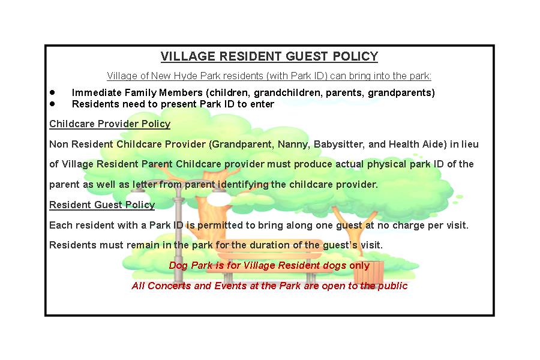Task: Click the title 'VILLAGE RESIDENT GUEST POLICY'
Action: (269, 56)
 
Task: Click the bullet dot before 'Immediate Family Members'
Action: (52, 92)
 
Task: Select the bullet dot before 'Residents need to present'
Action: (52, 103)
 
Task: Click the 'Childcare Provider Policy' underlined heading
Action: (110, 124)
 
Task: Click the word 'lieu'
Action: (469, 144)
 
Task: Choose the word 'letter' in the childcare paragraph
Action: (145, 184)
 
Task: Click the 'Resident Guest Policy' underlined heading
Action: (102, 205)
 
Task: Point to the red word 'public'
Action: (392, 286)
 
